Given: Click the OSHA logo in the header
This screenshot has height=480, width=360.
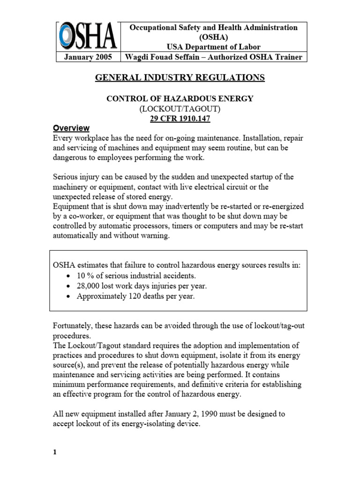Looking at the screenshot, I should point(87,37).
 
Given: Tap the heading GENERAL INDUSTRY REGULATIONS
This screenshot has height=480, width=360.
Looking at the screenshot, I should point(180,77).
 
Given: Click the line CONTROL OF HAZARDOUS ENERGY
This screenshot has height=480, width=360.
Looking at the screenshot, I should point(180,98).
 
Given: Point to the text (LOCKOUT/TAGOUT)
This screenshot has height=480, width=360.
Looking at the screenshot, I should point(180,109).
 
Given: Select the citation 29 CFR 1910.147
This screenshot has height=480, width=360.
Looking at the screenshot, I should point(180,119).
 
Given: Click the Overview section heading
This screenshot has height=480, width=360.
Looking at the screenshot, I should point(71,128).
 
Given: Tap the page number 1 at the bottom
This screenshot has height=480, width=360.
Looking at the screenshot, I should point(55,452).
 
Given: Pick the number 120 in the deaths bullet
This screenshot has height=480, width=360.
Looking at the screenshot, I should point(135,296).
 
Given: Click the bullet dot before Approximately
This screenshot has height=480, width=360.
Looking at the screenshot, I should point(69,296).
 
